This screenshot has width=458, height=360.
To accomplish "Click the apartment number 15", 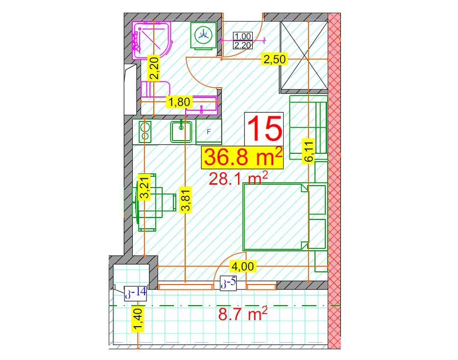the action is tap(265, 128).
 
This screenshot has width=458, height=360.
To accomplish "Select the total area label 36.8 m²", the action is tap(243, 157).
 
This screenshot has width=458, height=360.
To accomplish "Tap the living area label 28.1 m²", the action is tap(238, 179).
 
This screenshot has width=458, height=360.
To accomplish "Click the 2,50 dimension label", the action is tap(275, 59).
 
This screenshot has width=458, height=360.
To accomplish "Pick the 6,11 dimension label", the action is tap(309, 151).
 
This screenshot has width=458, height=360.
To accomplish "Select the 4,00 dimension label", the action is tap(243, 266).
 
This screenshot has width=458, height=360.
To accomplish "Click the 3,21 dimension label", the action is tap(145, 187).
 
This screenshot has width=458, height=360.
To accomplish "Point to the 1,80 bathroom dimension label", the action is tap(180, 102).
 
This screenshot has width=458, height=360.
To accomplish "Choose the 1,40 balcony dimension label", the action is tap(137, 319).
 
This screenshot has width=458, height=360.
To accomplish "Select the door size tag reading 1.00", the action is tap(243, 36).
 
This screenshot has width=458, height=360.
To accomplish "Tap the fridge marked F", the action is tap(209, 132).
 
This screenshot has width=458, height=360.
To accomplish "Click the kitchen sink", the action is tap(181, 132).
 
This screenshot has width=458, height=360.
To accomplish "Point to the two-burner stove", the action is tap(145, 132).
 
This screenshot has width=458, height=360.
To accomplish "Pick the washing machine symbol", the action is tap(204, 35).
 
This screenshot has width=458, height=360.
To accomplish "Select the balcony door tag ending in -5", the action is tap(228, 283).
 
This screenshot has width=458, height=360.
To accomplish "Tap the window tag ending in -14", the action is tap(135, 293).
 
